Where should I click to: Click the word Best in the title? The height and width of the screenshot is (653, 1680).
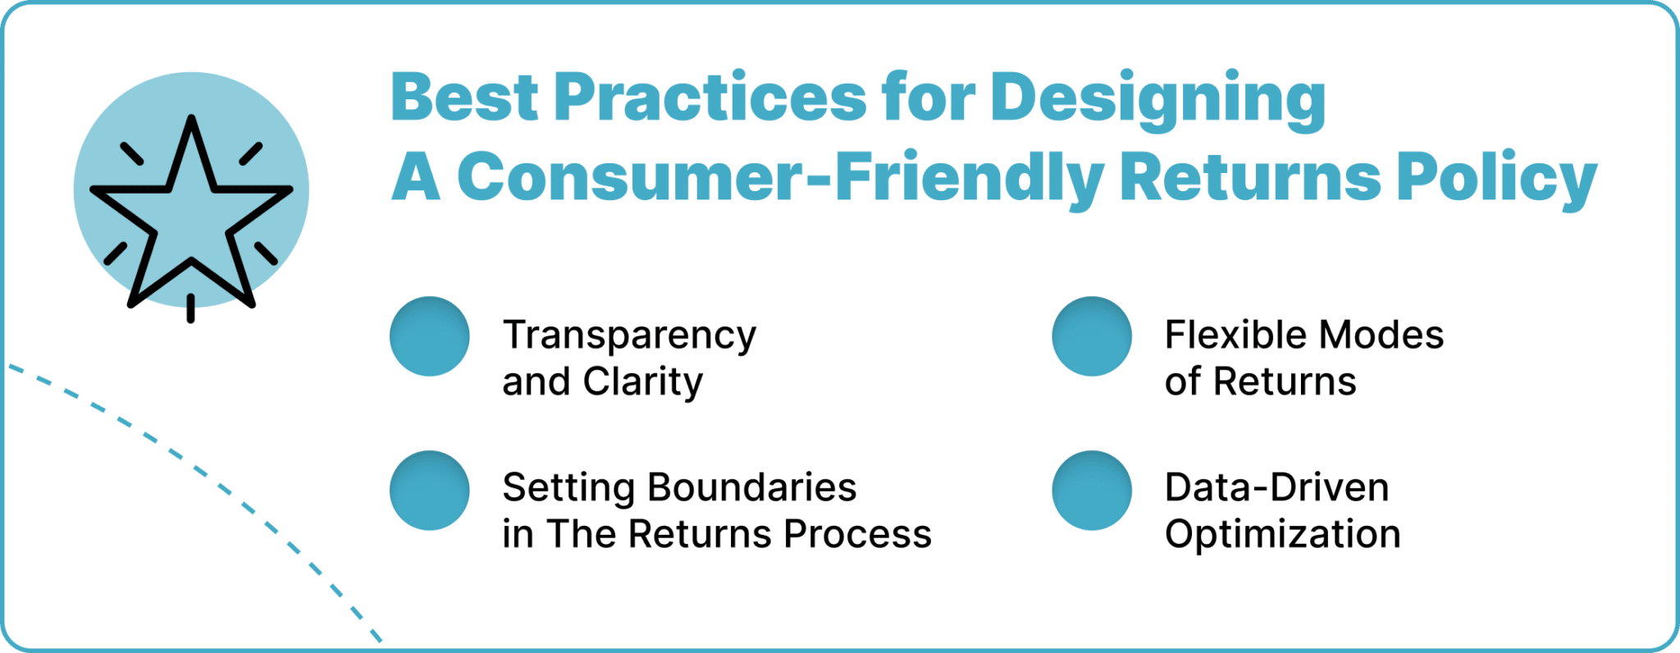pos(463,98)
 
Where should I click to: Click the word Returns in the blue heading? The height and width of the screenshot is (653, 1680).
pos(1250,178)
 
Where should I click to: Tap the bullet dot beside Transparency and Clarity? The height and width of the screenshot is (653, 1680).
pos(429,336)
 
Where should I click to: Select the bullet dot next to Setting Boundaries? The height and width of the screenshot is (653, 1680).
pos(429,491)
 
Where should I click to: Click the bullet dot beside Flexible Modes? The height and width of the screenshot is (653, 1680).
pos(1092,336)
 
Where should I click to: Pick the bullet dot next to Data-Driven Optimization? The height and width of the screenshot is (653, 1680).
pos(1092,491)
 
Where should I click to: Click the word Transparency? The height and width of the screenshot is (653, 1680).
pos(629,336)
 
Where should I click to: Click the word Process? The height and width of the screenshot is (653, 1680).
pos(857,534)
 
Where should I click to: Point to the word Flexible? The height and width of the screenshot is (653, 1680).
pos(1232,336)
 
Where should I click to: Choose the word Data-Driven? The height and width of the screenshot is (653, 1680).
pos(1276,488)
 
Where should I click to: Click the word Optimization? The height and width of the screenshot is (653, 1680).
pos(1282,535)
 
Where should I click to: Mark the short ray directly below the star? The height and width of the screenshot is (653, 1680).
pos(191,308)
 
